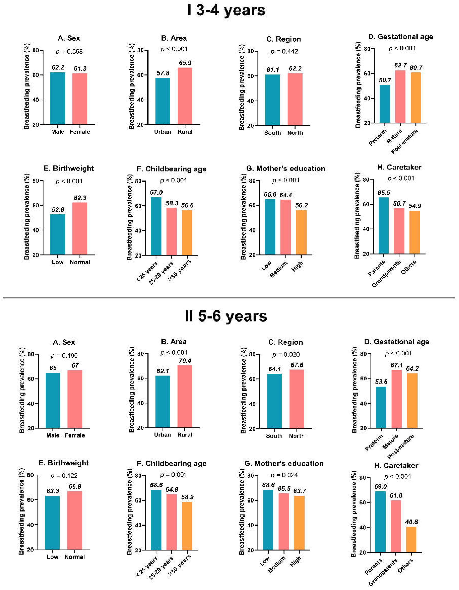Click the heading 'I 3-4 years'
click(226, 10)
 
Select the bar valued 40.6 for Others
click(411, 540)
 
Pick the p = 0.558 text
click(69, 51)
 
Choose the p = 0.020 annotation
click(286, 354)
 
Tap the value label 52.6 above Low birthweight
click(58, 210)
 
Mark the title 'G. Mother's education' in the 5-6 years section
click(284, 463)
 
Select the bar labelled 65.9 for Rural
click(185, 96)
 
